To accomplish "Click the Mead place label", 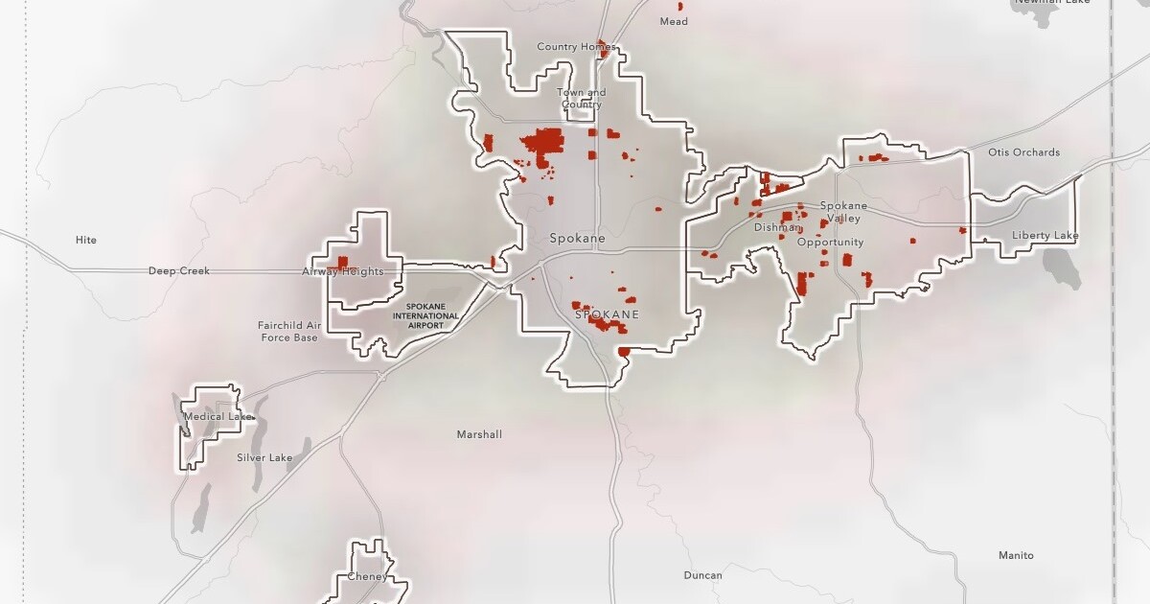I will coord(674,21).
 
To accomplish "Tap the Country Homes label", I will coord(570,47).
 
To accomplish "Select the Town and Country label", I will coord(582,99).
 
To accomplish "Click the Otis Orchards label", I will coord(1023,152).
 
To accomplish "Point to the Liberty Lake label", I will coord(1045,236).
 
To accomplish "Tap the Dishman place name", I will coord(775,227).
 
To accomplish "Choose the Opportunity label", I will coord(830,243).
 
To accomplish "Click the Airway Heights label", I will coord(343,272).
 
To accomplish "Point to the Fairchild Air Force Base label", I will coord(287,332).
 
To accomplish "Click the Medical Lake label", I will coord(218,417).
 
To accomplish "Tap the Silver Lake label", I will coord(264,458).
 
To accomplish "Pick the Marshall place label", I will coord(479,434).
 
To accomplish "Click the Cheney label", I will coord(367,577).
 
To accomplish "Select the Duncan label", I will coord(702,575).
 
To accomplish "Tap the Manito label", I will coord(1016,556).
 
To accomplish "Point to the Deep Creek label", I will coord(179,271).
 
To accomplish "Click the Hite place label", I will coord(86,240).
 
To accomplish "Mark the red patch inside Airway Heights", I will coord(342,261).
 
